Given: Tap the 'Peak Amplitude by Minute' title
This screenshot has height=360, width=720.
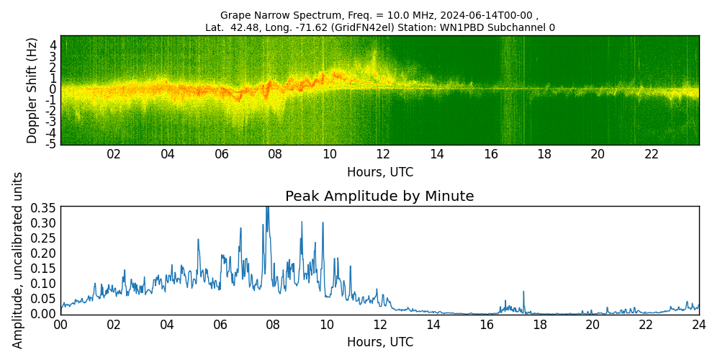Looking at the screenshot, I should [379, 197].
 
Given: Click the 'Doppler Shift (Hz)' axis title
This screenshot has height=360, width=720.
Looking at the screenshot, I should [32, 91].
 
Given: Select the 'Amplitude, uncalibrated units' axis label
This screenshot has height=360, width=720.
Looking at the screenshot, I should [18, 260].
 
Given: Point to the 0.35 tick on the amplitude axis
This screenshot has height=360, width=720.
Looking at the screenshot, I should [43, 207].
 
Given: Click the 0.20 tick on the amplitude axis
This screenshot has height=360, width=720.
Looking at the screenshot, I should [43, 253].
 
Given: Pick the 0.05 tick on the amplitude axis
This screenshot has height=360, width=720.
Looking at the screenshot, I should [43, 298].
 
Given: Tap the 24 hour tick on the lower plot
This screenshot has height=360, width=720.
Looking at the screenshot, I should [698, 325].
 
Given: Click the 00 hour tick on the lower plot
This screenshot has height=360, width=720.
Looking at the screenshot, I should [60, 325].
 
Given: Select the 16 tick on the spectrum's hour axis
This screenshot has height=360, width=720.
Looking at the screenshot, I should [490, 154].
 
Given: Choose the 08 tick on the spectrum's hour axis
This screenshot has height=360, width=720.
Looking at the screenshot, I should [275, 154].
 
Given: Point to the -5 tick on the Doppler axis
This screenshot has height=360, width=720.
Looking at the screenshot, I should [51, 144].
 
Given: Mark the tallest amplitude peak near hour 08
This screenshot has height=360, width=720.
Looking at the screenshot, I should [267, 207].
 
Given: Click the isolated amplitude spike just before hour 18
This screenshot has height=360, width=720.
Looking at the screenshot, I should [523, 292].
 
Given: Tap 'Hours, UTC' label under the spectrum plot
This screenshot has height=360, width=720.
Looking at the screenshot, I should [379, 173].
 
